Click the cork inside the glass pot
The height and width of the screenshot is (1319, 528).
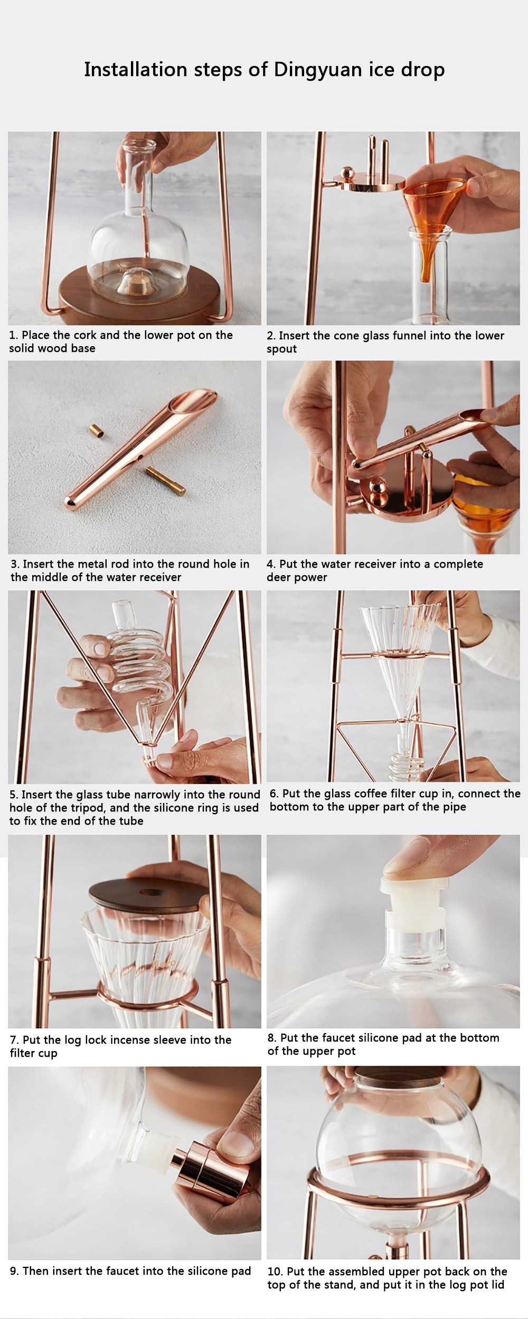[x=133, y=285]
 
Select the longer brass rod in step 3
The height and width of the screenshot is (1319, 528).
[x=166, y=481]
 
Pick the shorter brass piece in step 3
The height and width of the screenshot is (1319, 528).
[x=96, y=429]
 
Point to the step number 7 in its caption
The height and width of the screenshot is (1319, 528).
[x=13, y=1040]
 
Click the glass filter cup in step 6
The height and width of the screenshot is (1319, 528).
[x=399, y=670]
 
